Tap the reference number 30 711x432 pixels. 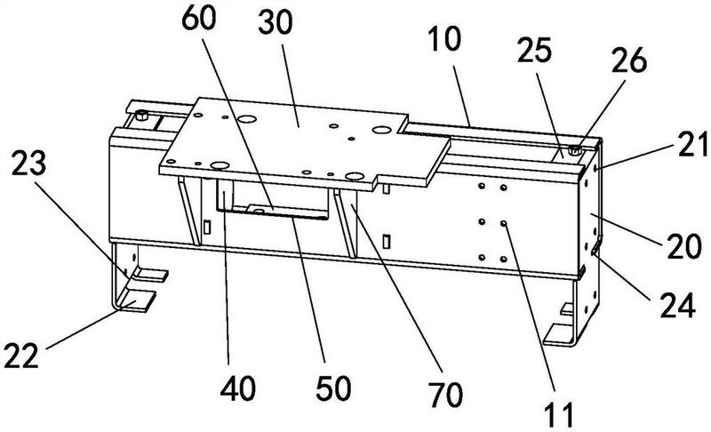click(x=276, y=23)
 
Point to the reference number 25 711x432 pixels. click(x=534, y=50)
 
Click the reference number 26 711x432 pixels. click(x=629, y=60)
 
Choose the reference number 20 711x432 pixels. click(x=684, y=247)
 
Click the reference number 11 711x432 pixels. click(x=560, y=413)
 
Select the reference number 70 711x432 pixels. click(x=446, y=395)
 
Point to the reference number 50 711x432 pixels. click(x=334, y=388)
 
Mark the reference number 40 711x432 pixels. click(x=238, y=388)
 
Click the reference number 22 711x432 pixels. click(x=21, y=355)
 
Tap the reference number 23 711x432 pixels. click(x=28, y=164)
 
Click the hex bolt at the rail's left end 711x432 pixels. click(x=142, y=116)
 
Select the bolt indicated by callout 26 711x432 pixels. click(x=574, y=149)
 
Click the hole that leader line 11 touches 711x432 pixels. click(x=504, y=223)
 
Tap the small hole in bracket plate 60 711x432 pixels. click(x=259, y=212)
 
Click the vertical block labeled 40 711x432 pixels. click(x=225, y=195)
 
